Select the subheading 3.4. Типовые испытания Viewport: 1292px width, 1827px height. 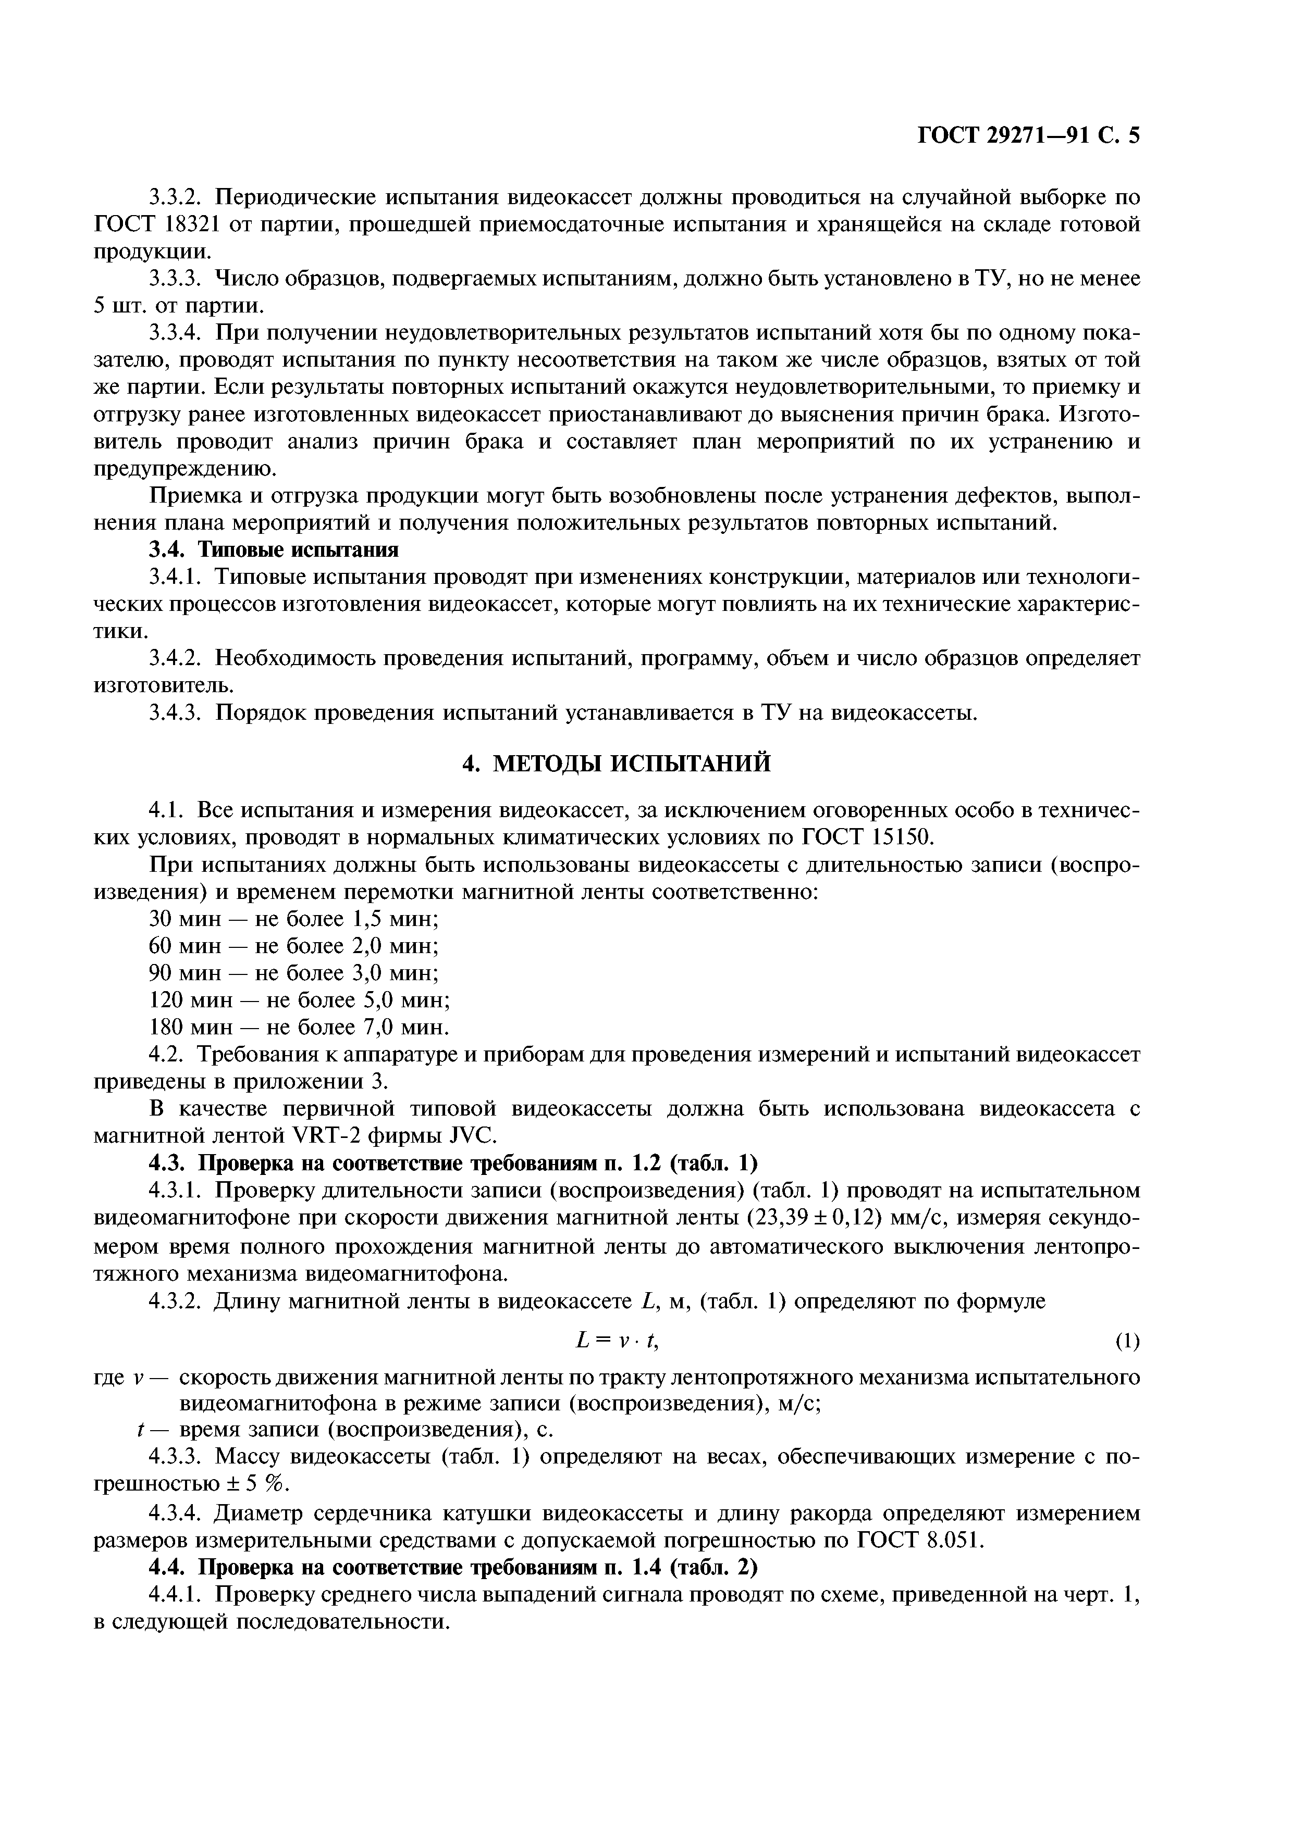click(273, 550)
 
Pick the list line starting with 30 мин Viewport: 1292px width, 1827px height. click(294, 919)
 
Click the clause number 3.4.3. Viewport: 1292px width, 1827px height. click(179, 712)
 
